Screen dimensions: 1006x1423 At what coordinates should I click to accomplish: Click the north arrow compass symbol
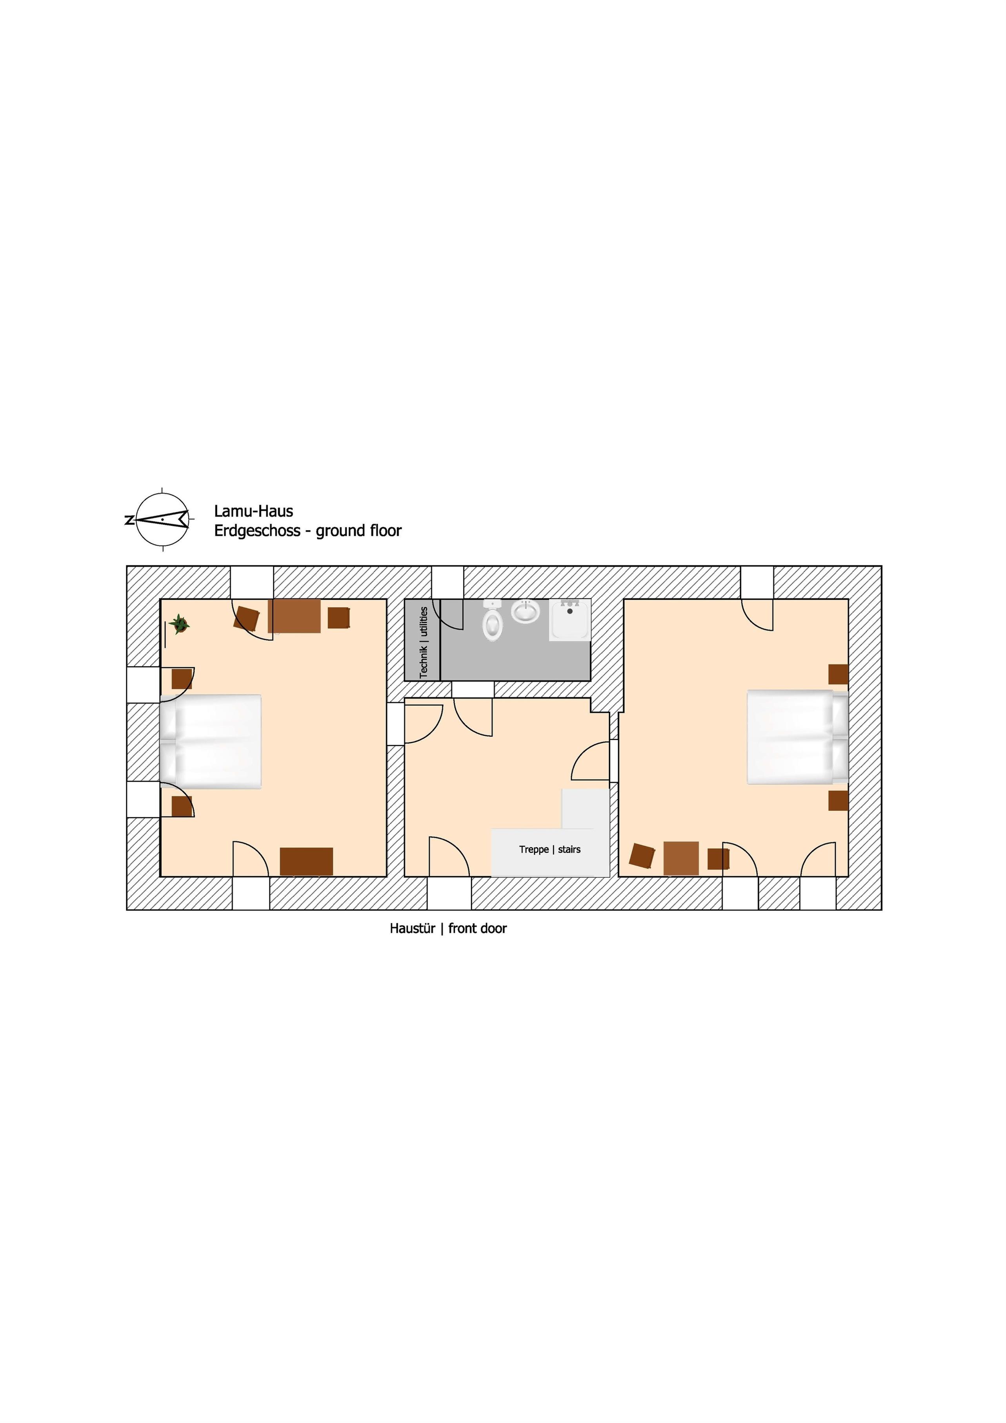click(x=161, y=519)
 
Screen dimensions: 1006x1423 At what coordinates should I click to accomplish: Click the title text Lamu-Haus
click(x=253, y=511)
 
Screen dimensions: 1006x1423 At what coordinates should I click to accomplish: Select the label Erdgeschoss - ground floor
click(x=308, y=531)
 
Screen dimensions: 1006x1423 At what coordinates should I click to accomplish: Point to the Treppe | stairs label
click(x=550, y=850)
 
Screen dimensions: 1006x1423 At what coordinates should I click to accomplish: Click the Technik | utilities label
click(x=423, y=642)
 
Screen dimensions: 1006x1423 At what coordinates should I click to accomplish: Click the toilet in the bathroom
click(x=492, y=621)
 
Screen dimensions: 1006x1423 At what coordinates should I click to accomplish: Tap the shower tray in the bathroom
click(x=569, y=621)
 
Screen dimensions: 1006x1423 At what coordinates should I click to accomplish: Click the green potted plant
click(x=180, y=624)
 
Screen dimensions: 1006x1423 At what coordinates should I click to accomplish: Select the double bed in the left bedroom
click(x=211, y=741)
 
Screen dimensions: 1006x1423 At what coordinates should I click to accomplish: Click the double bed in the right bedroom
click(x=797, y=737)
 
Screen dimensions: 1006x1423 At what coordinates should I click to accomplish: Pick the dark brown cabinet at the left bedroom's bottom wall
click(x=306, y=861)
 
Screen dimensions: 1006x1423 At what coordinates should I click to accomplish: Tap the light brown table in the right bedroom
click(x=681, y=858)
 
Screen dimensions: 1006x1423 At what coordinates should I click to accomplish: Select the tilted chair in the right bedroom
click(x=642, y=856)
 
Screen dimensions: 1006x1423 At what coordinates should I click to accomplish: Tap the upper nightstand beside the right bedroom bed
click(x=839, y=674)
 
